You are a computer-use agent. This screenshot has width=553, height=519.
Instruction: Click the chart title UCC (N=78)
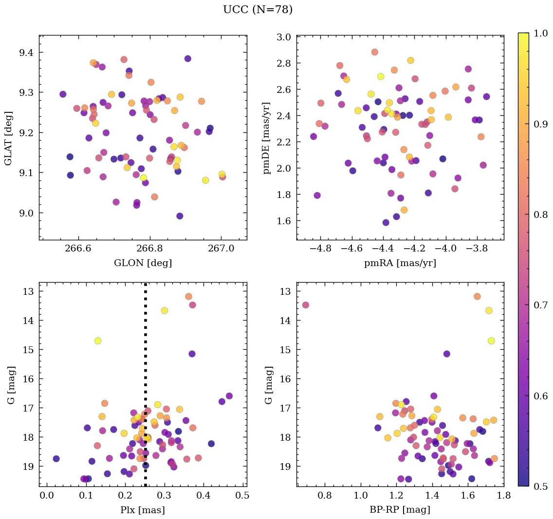(258, 10)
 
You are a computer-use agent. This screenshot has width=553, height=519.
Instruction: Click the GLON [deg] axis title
(143, 263)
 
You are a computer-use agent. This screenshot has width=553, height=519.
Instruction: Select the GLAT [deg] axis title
(9, 138)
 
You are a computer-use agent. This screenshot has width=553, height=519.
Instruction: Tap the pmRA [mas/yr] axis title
(400, 263)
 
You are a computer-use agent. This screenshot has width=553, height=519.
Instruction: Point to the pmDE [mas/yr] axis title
(266, 138)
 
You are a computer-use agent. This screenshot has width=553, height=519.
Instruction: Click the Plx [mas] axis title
(143, 510)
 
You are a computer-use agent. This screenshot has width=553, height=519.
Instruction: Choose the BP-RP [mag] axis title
(400, 510)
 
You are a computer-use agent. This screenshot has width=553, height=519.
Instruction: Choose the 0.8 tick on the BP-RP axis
(325, 496)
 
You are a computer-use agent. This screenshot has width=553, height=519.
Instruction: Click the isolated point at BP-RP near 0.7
(306, 305)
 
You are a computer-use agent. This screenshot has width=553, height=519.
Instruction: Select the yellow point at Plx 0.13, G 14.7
(98, 340)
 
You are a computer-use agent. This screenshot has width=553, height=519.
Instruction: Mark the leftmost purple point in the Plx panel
(56, 459)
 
